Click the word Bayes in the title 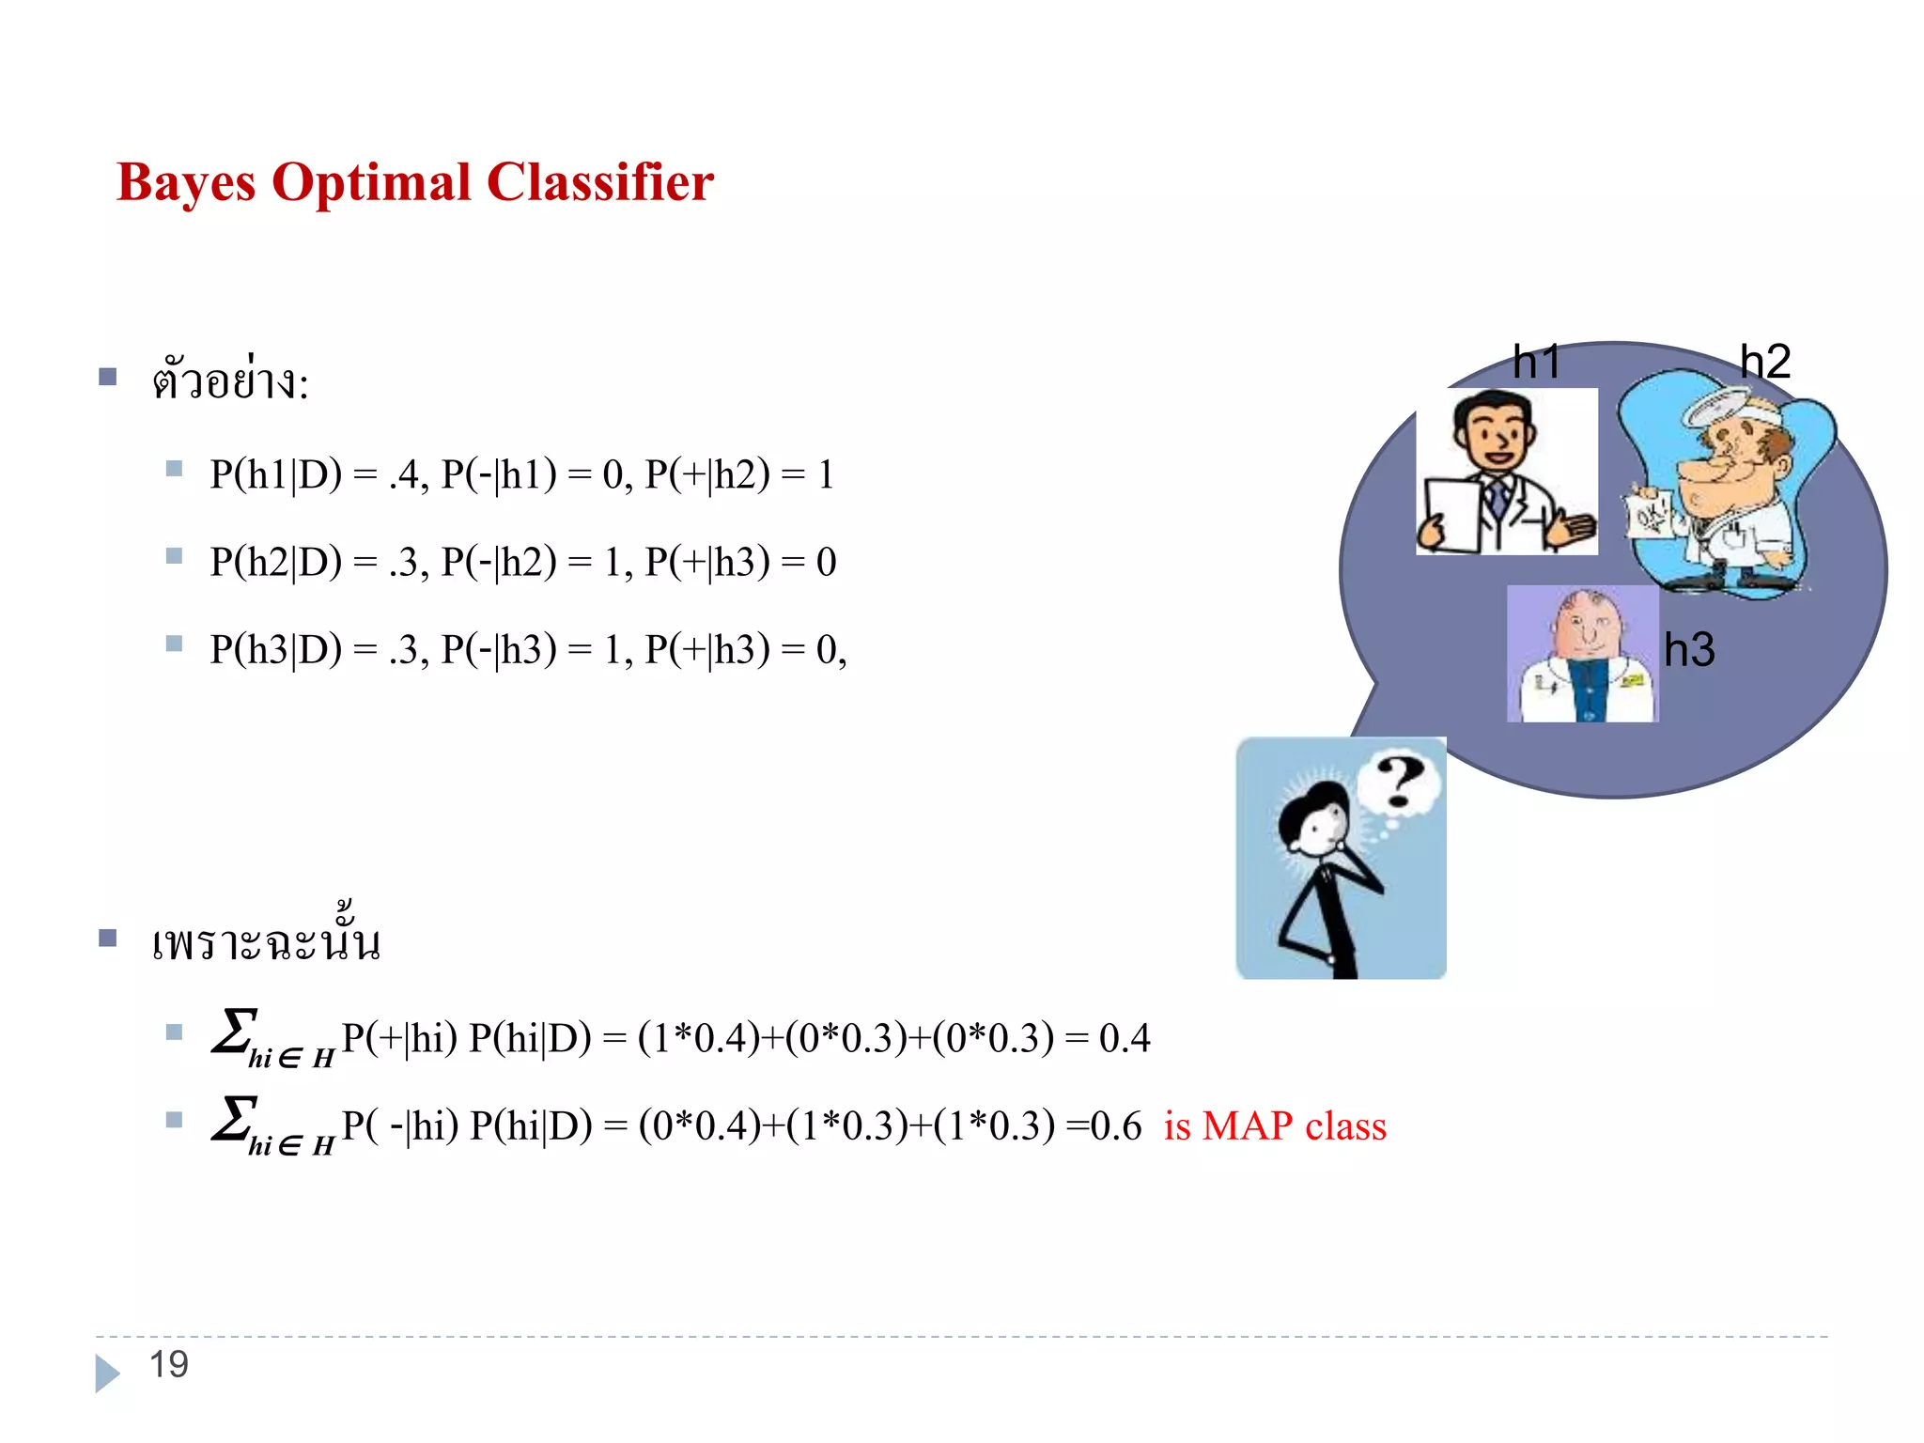(x=186, y=183)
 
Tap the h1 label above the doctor (x=1536, y=362)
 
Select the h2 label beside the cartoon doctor (x=1765, y=362)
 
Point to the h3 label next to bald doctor (x=1689, y=650)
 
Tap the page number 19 (x=169, y=1364)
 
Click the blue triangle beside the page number (x=107, y=1373)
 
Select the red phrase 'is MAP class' (x=1275, y=1125)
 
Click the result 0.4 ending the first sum (x=1125, y=1038)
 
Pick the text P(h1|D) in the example (x=275, y=474)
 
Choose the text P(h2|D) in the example (x=275, y=562)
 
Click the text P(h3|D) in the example (x=275, y=649)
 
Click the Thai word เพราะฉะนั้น (x=266, y=940)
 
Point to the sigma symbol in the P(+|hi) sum (x=234, y=1031)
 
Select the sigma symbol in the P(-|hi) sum (x=234, y=1118)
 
